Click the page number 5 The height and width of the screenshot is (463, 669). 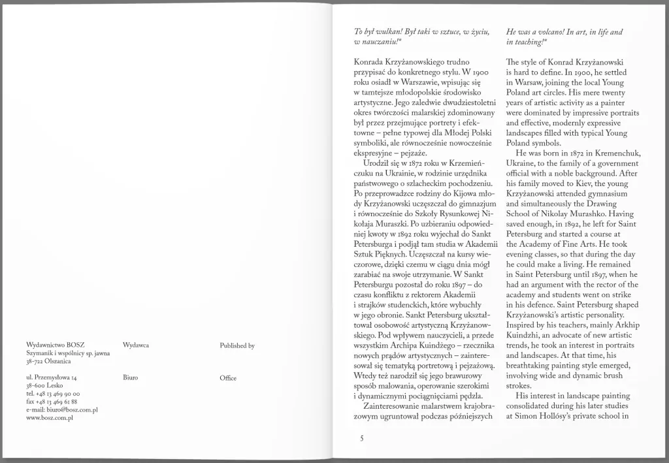click(x=361, y=438)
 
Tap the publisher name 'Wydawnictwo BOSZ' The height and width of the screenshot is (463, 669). click(x=56, y=345)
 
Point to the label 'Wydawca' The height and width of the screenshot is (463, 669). click(x=135, y=345)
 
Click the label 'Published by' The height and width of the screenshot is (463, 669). click(x=237, y=345)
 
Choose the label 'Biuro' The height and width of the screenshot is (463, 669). click(x=130, y=377)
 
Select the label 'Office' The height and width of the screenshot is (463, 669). click(x=228, y=378)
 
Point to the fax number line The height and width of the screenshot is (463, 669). click(x=52, y=402)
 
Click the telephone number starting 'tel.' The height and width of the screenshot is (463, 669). click(x=53, y=394)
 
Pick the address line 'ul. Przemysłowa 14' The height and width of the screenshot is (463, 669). click(x=52, y=377)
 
